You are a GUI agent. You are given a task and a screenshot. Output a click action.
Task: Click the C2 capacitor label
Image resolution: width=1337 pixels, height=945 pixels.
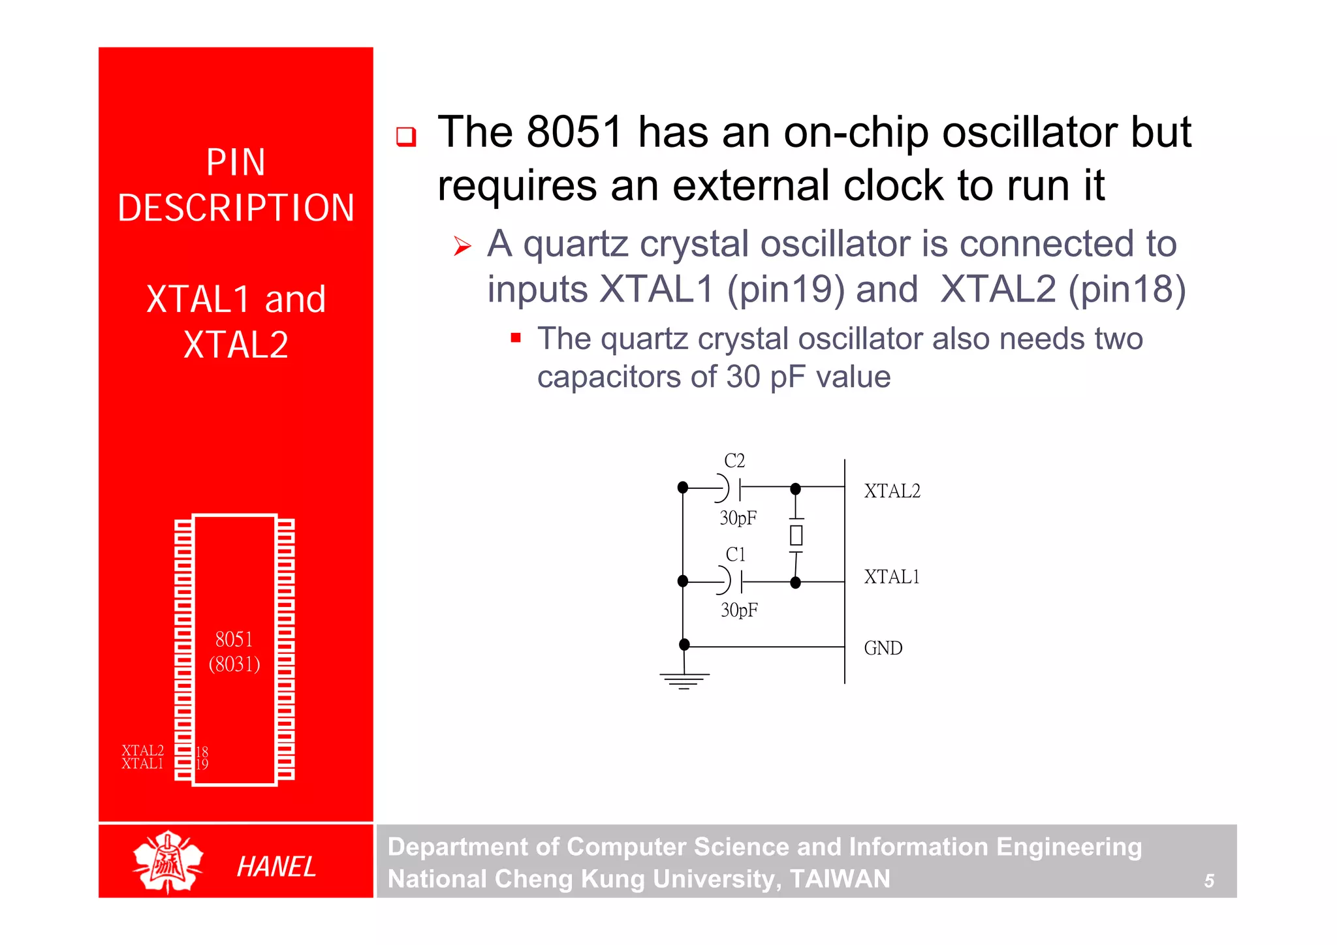pyautogui.click(x=734, y=461)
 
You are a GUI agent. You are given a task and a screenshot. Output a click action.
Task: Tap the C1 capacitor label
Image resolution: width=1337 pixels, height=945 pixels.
pyautogui.click(x=735, y=555)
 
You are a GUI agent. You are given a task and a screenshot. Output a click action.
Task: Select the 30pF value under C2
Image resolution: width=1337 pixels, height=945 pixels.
pyautogui.click(x=738, y=518)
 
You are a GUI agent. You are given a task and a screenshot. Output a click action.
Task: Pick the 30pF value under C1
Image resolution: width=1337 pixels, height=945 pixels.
pyautogui.click(x=739, y=610)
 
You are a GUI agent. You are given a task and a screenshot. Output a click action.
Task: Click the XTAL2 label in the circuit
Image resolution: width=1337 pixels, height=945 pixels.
pyautogui.click(x=892, y=491)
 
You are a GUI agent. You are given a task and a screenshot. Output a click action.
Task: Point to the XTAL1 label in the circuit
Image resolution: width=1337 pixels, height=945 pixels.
pyautogui.click(x=892, y=577)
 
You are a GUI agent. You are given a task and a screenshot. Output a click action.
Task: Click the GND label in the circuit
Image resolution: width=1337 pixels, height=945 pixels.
pyautogui.click(x=883, y=648)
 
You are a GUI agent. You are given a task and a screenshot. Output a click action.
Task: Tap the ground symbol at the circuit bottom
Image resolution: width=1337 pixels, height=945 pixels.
pyautogui.click(x=684, y=681)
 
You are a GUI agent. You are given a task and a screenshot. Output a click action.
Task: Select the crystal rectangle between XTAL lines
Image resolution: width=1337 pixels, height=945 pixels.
pyautogui.click(x=796, y=535)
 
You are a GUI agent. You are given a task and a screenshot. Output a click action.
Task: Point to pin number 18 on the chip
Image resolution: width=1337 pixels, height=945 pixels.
pyautogui.click(x=202, y=752)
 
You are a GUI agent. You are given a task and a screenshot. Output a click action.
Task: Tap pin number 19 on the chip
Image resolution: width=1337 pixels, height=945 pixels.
pyautogui.click(x=202, y=764)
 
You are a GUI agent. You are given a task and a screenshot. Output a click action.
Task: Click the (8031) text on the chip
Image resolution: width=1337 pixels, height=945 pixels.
pyautogui.click(x=234, y=664)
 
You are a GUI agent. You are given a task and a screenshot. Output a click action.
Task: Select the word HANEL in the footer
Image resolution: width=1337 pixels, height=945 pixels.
pyautogui.click(x=276, y=867)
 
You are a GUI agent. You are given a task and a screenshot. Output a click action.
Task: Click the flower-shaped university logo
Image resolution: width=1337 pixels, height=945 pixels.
pyautogui.click(x=168, y=861)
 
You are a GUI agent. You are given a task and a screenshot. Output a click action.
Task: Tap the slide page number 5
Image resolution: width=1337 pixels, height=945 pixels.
pyautogui.click(x=1209, y=881)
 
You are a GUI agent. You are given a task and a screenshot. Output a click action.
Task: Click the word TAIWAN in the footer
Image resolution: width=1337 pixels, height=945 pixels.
pyautogui.click(x=840, y=878)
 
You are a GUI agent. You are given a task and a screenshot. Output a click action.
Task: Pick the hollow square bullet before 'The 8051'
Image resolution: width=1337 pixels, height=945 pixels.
pyautogui.click(x=406, y=136)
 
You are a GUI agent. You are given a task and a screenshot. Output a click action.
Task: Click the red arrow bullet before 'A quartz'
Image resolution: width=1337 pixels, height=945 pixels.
pyautogui.click(x=462, y=247)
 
